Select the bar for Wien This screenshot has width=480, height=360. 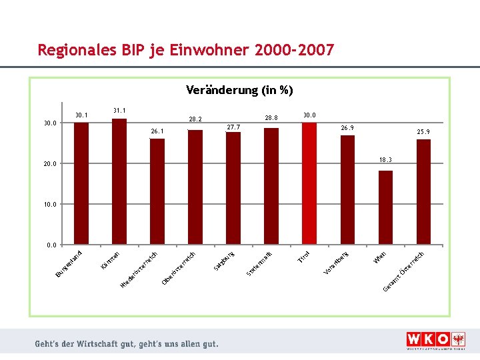pyautogui.click(x=385, y=207)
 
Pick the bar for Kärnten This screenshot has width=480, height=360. pyautogui.click(x=119, y=181)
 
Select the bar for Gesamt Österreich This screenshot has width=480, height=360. pyautogui.click(x=423, y=192)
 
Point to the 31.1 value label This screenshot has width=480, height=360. pyautogui.click(x=119, y=110)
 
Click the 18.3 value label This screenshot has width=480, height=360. pyautogui.click(x=386, y=160)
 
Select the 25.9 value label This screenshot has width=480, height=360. pyautogui.click(x=423, y=131)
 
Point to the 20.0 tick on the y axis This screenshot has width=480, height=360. pyautogui.click(x=50, y=164)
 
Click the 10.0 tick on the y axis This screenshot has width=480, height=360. pyautogui.click(x=50, y=205)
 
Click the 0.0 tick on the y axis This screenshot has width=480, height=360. pyautogui.click(x=52, y=245)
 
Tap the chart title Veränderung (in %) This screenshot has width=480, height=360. pyautogui.click(x=239, y=90)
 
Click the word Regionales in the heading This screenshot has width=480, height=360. pyautogui.click(x=72, y=50)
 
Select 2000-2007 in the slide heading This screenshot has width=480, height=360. pyautogui.click(x=294, y=50)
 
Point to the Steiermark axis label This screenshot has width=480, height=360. pyautogui.click(x=260, y=263)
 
